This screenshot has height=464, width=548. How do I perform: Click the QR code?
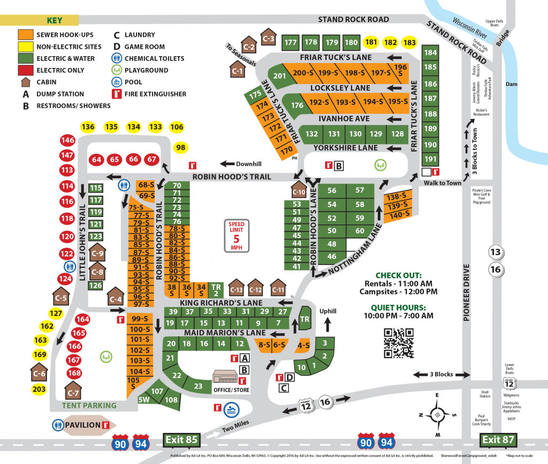point(399,343)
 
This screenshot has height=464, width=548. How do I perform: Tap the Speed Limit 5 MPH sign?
point(236,235)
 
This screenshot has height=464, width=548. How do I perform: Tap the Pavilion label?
point(83,425)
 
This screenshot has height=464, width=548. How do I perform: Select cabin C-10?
point(299,191)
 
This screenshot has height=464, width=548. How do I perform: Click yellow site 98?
point(181,148)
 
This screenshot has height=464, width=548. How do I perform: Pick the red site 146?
point(67,141)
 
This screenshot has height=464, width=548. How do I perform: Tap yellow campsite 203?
point(39,389)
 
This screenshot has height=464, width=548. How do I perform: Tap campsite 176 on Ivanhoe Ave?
point(297,105)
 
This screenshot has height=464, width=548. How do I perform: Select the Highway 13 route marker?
point(496,252)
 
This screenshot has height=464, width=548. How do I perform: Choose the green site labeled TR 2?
point(216,289)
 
